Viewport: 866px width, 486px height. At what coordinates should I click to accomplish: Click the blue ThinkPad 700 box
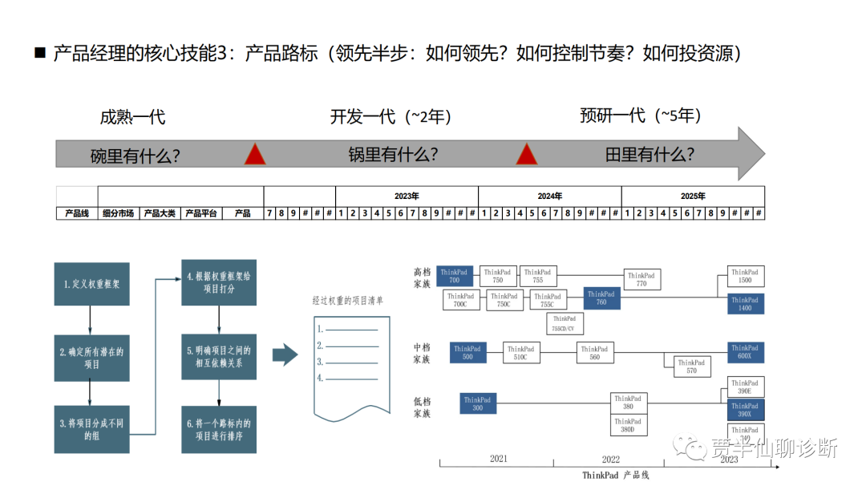pos(455,277)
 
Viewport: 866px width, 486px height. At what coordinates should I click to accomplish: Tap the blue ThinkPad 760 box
pos(601,298)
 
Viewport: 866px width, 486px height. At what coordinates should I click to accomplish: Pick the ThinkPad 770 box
pos(641,279)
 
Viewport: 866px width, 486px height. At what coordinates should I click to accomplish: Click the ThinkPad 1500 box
pos(744,277)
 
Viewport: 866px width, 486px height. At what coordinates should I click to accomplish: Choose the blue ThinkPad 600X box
pos(744,352)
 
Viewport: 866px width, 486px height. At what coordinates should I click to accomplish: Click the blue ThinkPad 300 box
pos(477,403)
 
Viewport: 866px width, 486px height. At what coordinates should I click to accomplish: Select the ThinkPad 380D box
pos(628,426)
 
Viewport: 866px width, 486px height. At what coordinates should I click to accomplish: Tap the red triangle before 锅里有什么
pos(255,155)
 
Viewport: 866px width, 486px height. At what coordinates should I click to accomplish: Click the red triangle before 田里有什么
pos(526,155)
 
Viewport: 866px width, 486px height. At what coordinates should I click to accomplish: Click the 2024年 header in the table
pos(549,196)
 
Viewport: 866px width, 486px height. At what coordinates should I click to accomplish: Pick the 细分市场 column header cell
pos(119,213)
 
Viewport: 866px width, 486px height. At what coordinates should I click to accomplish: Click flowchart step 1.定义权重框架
pos(91,283)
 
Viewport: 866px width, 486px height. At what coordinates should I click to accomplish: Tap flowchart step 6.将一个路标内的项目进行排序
pos(219,430)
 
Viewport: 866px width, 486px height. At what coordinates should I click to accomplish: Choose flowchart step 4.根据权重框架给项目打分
pos(219,282)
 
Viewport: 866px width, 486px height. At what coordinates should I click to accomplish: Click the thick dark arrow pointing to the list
pos(285,354)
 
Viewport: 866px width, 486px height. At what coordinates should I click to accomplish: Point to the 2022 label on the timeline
pos(610,459)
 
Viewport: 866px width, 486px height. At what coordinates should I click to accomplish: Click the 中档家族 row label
pos(422,354)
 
